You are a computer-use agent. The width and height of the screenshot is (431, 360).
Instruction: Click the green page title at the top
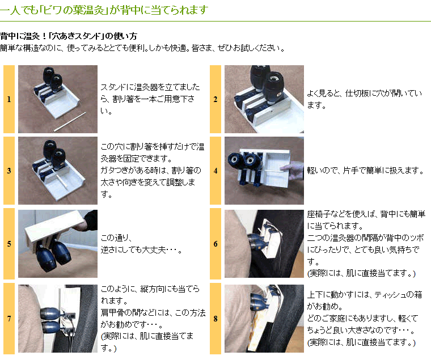[x=104, y=10]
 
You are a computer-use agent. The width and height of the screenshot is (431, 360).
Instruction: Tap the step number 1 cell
[x=9, y=99]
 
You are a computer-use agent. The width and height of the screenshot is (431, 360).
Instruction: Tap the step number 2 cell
[x=216, y=99]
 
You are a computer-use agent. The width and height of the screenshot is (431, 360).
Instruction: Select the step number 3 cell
[x=9, y=171]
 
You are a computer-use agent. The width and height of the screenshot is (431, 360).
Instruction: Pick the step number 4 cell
[x=216, y=171]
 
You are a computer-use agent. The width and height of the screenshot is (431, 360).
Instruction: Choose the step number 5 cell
[x=9, y=244]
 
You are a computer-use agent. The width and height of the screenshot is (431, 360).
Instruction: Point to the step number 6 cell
[x=216, y=244]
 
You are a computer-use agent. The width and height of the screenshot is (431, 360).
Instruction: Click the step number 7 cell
[x=9, y=319]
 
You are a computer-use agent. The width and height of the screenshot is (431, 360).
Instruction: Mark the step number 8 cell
[x=216, y=319]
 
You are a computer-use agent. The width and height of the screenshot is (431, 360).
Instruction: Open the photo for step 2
[x=264, y=99]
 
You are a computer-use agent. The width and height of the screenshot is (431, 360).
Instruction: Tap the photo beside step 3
[x=57, y=171]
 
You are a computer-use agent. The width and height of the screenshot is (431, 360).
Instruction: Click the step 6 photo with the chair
[x=264, y=244]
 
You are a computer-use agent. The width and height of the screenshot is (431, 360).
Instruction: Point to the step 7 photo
[x=57, y=319]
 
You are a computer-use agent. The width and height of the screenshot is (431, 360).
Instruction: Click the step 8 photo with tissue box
[x=264, y=319]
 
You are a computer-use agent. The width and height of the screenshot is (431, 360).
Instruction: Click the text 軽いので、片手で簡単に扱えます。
[x=365, y=171]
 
